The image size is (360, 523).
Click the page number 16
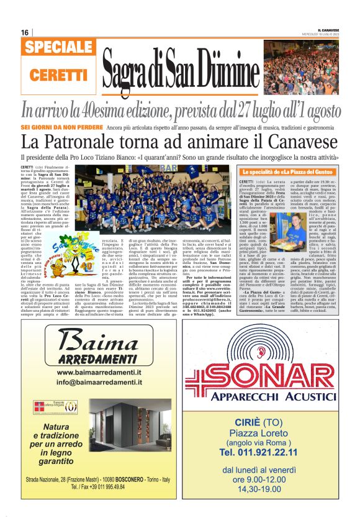(25, 32)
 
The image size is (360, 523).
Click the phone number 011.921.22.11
(268, 455)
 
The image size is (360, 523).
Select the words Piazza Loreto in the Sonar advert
(268, 432)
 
